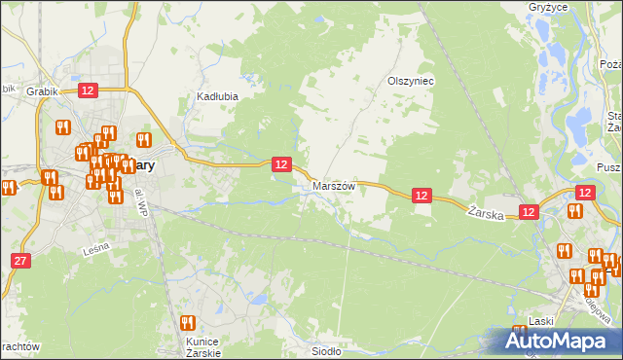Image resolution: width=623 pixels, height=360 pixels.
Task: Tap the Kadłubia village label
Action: point(218,96)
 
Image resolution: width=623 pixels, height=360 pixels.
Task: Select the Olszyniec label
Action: point(410,82)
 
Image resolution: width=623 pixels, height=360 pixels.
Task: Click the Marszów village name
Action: point(334,185)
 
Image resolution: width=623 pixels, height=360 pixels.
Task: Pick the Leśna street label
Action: point(95,249)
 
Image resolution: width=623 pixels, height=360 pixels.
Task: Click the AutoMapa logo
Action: point(555,341)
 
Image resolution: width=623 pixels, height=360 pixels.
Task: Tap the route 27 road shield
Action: point(21,260)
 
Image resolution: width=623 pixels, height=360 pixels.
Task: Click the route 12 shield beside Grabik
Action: point(88,90)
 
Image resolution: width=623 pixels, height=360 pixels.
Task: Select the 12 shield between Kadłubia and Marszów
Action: point(281,164)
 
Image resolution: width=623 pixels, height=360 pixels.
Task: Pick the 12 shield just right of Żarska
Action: point(529,211)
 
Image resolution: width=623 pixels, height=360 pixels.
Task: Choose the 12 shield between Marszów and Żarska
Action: point(421,196)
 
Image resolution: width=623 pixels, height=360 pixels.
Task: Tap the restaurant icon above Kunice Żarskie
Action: point(189,322)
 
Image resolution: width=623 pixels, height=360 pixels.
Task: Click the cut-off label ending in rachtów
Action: point(18,346)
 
